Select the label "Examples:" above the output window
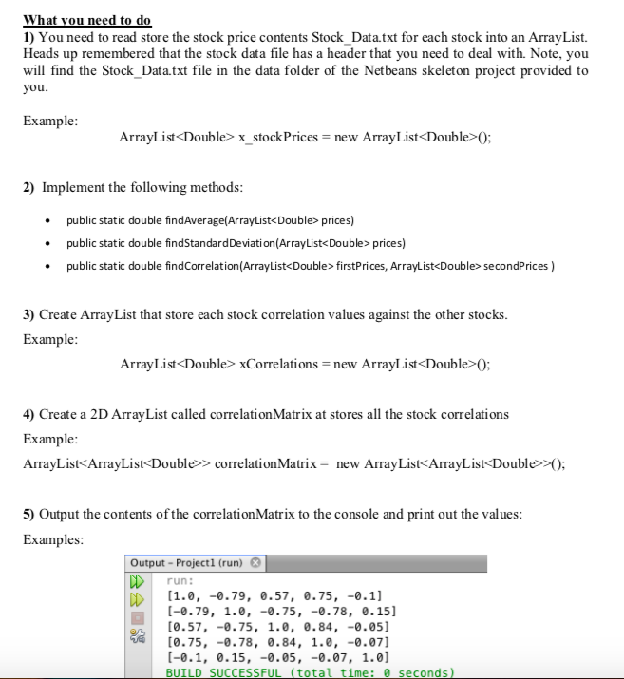[x=52, y=539]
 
